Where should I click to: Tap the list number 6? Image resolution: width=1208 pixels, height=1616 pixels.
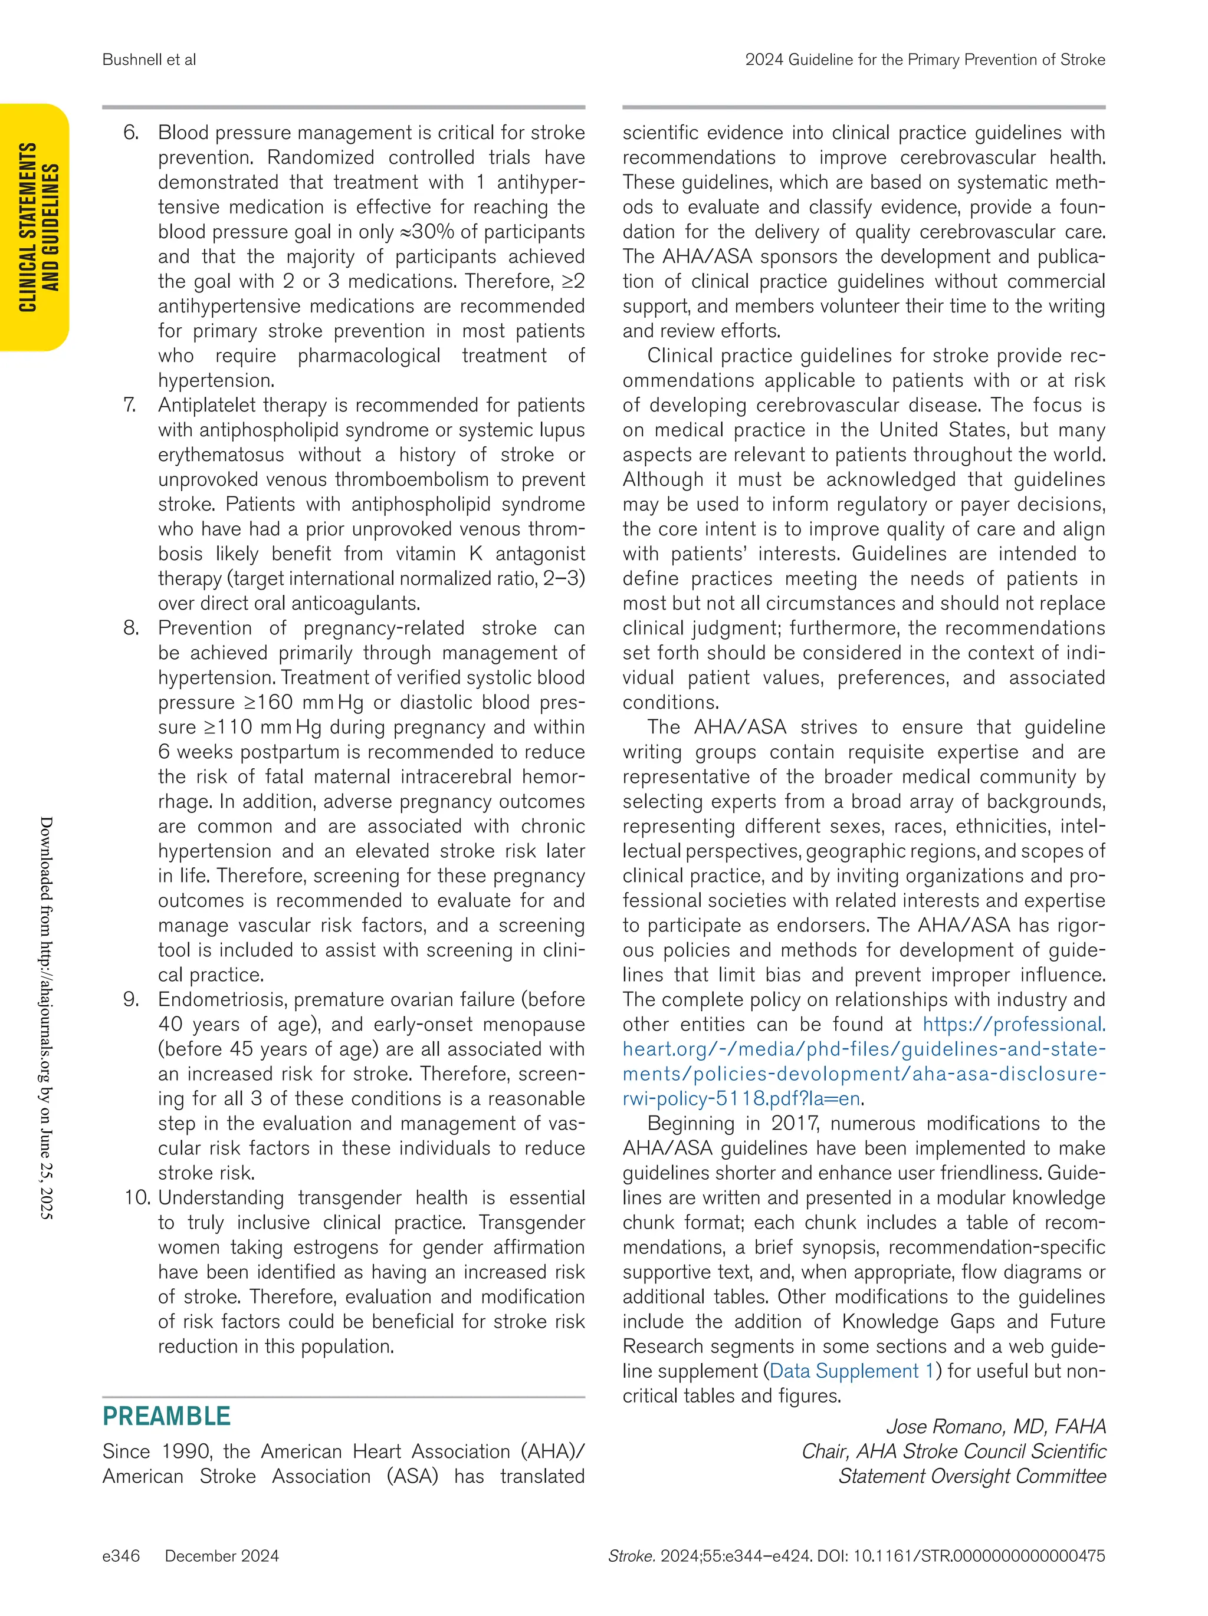pyautogui.click(x=130, y=133)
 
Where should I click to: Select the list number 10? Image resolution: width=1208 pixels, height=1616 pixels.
pyautogui.click(x=137, y=1198)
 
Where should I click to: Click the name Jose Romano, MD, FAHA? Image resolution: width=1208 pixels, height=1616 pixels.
pyautogui.click(x=995, y=1427)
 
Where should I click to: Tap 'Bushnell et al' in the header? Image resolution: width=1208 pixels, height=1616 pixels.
pyautogui.click(x=149, y=60)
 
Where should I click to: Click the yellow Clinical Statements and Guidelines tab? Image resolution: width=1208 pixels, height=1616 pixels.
pyautogui.click(x=37, y=227)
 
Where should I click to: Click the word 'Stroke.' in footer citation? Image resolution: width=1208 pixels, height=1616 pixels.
pyautogui.click(x=631, y=1556)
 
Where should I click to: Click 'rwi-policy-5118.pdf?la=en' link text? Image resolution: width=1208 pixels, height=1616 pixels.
pyautogui.click(x=741, y=1099)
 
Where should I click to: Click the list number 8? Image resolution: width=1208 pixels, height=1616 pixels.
pyautogui.click(x=130, y=628)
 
